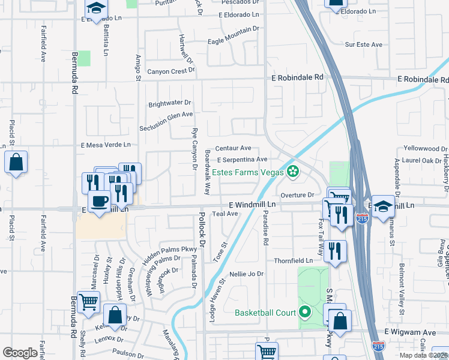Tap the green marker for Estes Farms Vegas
click(293, 172)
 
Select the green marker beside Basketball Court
click(306, 313)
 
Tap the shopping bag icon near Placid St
click(16, 162)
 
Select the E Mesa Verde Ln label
click(106, 145)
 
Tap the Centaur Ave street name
click(233, 148)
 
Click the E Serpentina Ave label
click(242, 160)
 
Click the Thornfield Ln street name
click(293, 261)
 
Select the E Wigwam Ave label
click(411, 332)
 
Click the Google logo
click(20, 353)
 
